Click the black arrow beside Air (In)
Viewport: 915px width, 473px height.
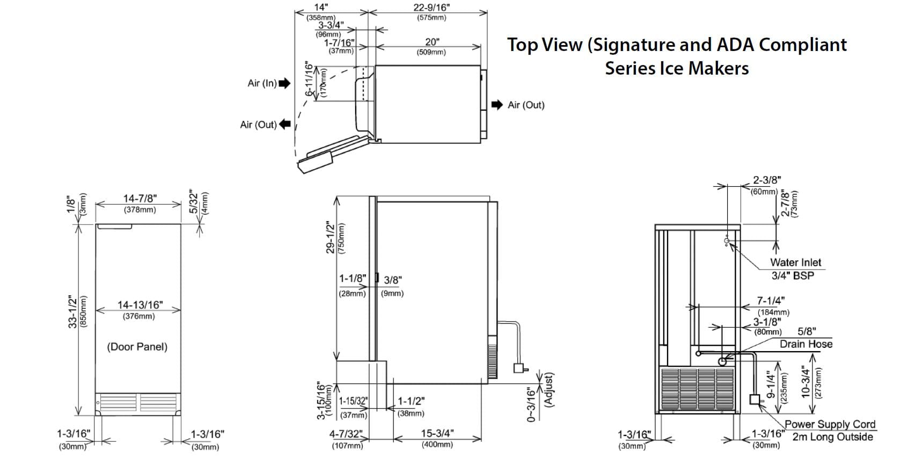pos(284,83)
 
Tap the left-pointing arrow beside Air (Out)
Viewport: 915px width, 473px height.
pos(285,125)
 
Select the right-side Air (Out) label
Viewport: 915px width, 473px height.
pos(526,105)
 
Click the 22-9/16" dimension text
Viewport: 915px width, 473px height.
pos(431,8)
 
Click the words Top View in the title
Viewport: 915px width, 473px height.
pos(544,45)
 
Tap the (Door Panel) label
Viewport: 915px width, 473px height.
pos(137,347)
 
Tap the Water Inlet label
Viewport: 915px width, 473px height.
pos(795,263)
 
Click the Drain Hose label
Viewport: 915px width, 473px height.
pos(806,344)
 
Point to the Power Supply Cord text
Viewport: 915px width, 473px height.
pos(830,425)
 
